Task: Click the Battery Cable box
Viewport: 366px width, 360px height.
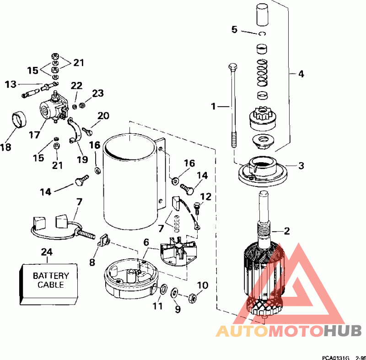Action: (x=48, y=284)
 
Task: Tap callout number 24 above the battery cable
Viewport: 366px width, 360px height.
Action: (x=47, y=252)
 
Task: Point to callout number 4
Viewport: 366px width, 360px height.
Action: (x=301, y=74)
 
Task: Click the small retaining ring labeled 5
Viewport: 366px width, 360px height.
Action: (x=262, y=33)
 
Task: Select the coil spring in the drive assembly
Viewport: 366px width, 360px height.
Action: (x=262, y=73)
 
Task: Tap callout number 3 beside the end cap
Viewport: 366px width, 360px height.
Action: (x=301, y=166)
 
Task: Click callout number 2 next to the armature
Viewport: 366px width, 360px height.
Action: (x=287, y=231)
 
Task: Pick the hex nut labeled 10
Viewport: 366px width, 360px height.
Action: (x=192, y=298)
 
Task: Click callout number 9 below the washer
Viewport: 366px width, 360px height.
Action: (x=178, y=309)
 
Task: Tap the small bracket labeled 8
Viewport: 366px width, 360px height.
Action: (x=103, y=240)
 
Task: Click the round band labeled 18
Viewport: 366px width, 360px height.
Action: (x=19, y=120)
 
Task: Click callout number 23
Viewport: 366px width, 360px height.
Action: (x=98, y=93)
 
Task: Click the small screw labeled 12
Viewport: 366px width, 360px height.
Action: (x=197, y=208)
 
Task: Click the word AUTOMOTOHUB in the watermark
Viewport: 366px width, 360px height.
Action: (x=288, y=331)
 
